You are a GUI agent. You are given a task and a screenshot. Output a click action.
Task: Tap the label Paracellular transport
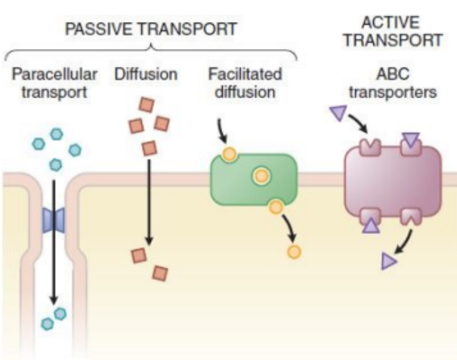54,84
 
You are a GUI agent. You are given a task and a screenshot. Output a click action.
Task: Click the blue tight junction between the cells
54,220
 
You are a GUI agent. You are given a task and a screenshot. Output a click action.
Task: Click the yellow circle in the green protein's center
261,176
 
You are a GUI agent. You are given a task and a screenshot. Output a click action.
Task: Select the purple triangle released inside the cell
388,261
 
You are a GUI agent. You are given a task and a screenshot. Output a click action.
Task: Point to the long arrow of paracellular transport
54,242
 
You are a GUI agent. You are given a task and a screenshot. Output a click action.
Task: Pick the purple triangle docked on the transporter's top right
410,139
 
